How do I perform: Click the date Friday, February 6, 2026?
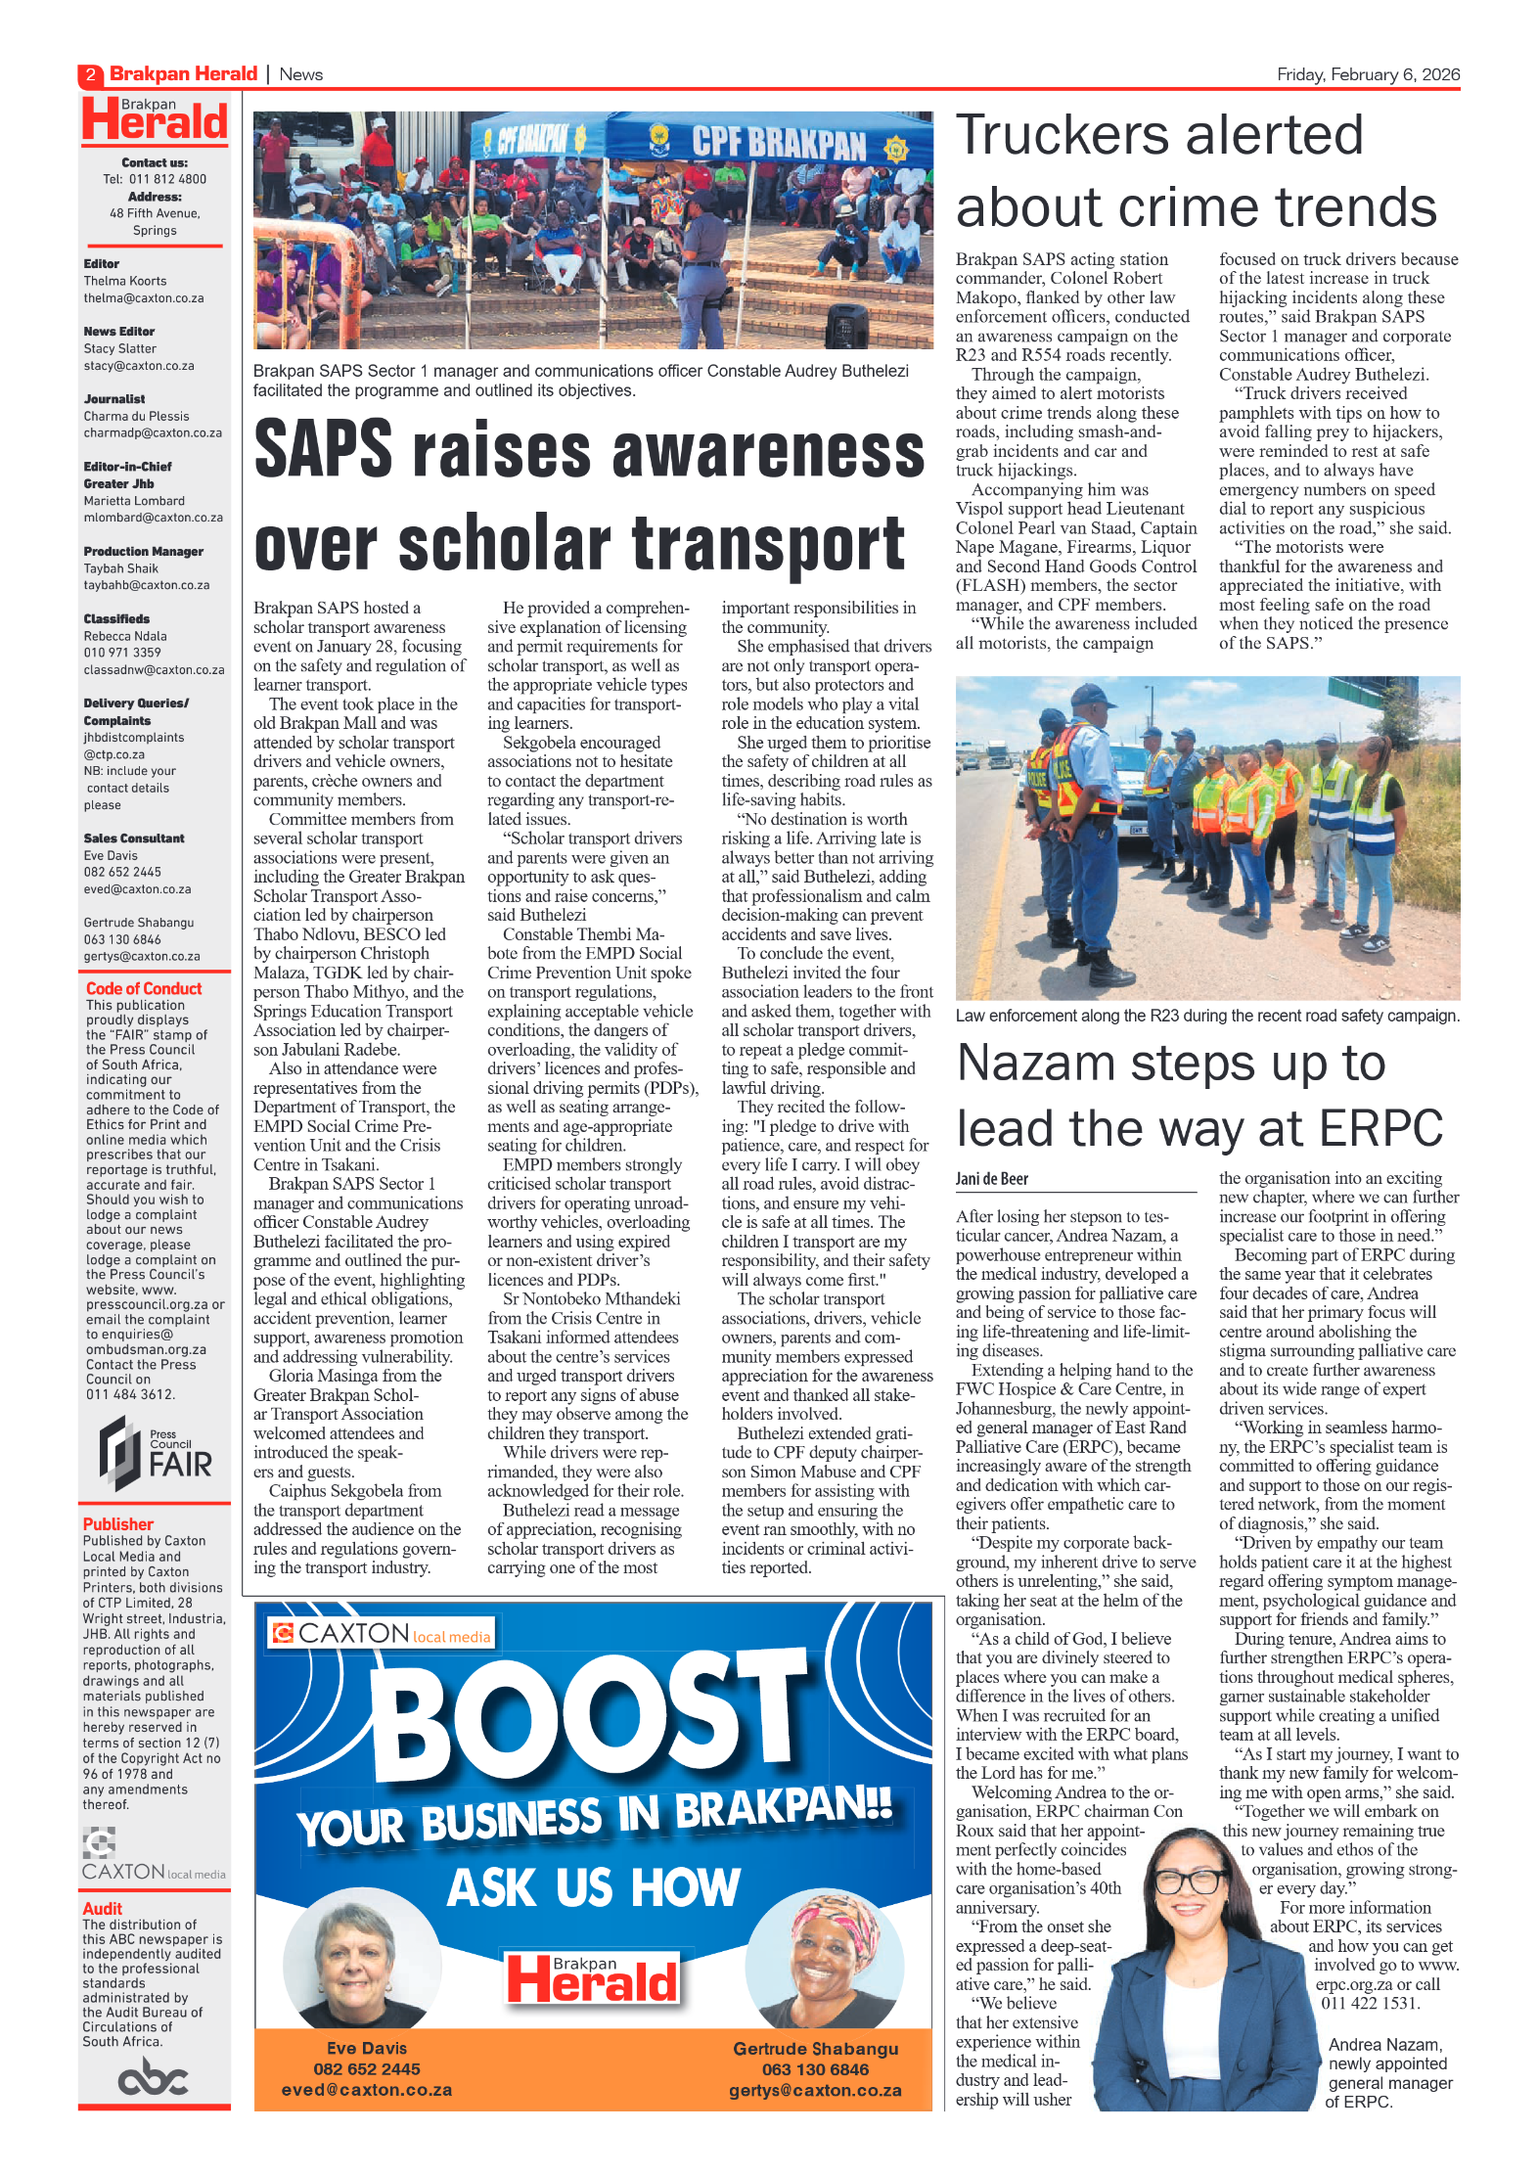(x=1367, y=74)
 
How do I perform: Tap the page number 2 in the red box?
(x=90, y=74)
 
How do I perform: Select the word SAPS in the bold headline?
(x=323, y=450)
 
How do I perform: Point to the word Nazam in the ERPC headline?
(x=1036, y=1063)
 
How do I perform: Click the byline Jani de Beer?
(x=991, y=1179)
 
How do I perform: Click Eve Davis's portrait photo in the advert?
(x=361, y=1962)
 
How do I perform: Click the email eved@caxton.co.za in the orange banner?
(x=367, y=2090)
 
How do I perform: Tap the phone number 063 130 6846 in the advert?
(x=815, y=2069)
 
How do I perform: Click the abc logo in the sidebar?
(x=153, y=2076)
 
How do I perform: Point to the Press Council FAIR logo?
(x=155, y=1454)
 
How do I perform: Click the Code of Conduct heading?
(x=144, y=988)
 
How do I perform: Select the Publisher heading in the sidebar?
(x=118, y=1523)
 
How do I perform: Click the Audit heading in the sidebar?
(x=102, y=1908)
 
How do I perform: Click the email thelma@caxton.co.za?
(x=144, y=298)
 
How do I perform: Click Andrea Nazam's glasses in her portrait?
(x=1190, y=1880)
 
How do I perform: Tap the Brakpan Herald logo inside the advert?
(x=592, y=1977)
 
